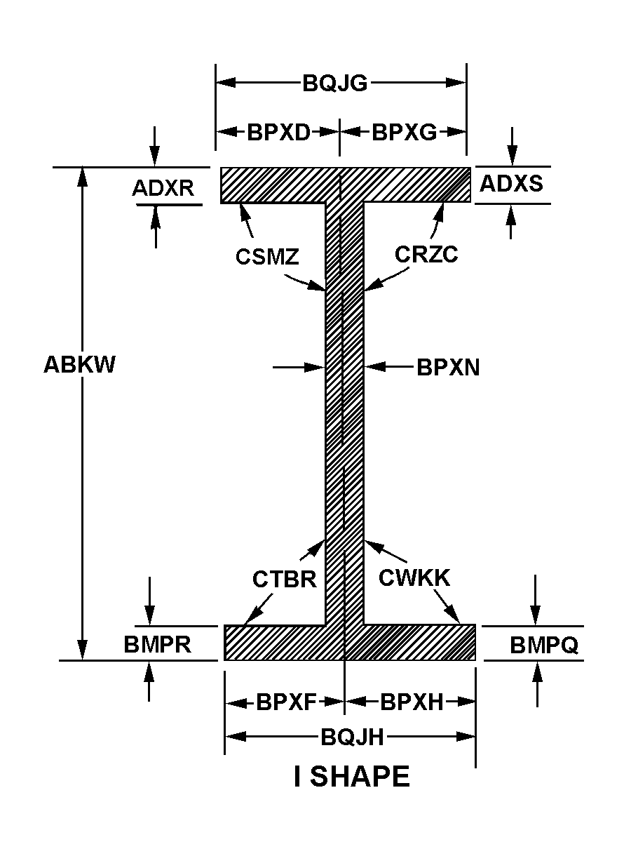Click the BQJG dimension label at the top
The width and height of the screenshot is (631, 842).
pyautogui.click(x=335, y=83)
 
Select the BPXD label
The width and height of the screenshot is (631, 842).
pyautogui.click(x=278, y=132)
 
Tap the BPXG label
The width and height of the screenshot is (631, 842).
pyautogui.click(x=404, y=132)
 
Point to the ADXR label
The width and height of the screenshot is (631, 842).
pyautogui.click(x=163, y=188)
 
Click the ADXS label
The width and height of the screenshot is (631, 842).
pyautogui.click(x=511, y=183)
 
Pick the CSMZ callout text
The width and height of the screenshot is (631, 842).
pyautogui.click(x=267, y=257)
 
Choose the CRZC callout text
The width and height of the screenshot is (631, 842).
pyautogui.click(x=426, y=254)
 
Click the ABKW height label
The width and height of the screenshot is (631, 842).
pyautogui.click(x=79, y=365)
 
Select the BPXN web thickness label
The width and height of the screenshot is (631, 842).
pyautogui.click(x=448, y=368)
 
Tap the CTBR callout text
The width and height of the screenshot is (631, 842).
pyautogui.click(x=285, y=580)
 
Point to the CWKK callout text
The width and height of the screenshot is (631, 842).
pyautogui.click(x=414, y=577)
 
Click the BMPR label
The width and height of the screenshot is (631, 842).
pyautogui.click(x=158, y=645)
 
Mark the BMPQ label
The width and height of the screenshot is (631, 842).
pyautogui.click(x=544, y=646)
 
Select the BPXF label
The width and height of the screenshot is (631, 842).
pyautogui.click(x=287, y=702)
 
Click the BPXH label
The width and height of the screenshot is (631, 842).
pyautogui.click(x=412, y=702)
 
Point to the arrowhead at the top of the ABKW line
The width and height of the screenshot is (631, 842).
pyautogui.click(x=83, y=175)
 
